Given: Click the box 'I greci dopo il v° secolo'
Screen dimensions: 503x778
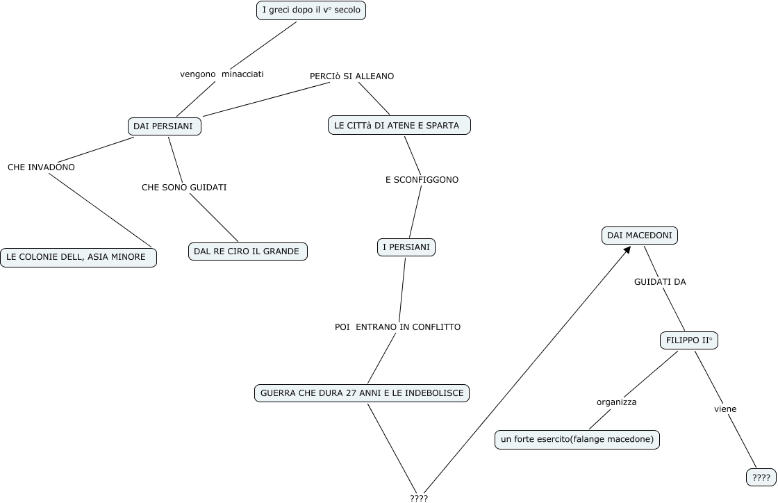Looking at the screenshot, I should (311, 10).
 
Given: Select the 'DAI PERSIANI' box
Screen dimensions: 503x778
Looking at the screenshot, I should (164, 126).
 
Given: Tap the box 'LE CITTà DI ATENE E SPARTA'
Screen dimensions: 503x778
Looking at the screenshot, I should (399, 125).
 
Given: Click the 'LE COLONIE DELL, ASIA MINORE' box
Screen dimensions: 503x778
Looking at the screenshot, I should (78, 257).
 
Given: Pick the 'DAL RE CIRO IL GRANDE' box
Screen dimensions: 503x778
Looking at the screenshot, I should (247, 251).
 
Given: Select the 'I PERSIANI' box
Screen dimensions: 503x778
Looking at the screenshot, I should (406, 247).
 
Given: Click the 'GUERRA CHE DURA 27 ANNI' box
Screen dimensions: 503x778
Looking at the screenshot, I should (362, 393).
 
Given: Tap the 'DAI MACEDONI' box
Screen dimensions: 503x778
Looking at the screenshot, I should (639, 236).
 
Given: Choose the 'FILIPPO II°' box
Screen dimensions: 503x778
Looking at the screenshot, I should (688, 340).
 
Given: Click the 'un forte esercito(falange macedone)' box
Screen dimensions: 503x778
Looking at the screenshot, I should (577, 440).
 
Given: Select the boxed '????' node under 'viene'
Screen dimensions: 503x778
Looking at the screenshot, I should (761, 477).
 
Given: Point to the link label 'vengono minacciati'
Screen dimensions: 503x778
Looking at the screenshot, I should (222, 74).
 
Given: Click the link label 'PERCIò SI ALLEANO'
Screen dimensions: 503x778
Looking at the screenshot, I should (351, 76).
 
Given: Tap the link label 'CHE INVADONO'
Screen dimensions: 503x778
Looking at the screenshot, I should (41, 167).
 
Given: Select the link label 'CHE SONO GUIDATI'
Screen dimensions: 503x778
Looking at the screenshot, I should (184, 187).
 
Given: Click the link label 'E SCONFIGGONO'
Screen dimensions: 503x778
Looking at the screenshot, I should (422, 179).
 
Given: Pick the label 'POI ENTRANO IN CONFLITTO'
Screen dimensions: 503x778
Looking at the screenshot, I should (397, 327).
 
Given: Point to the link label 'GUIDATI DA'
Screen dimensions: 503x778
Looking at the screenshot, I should (660, 281).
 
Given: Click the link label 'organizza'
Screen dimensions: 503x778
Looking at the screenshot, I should (616, 402).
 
